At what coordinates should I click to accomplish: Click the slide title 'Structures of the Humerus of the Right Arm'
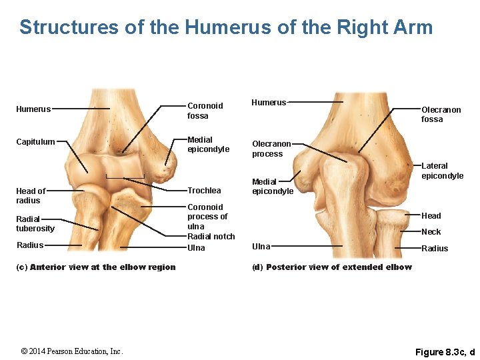click(226, 27)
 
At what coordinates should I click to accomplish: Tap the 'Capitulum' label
click(36, 142)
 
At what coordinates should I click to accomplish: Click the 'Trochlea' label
click(204, 191)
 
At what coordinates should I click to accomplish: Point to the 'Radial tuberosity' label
click(35, 223)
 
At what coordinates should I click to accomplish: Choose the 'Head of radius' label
click(31, 196)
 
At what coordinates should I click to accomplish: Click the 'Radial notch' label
click(211, 237)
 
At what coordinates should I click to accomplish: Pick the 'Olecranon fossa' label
click(441, 115)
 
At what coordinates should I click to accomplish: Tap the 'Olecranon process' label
click(271, 149)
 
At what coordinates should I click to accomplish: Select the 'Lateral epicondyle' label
click(442, 171)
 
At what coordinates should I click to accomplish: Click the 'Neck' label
click(431, 232)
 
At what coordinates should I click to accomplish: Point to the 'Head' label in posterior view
click(431, 216)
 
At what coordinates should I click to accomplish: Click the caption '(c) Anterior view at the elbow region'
click(95, 267)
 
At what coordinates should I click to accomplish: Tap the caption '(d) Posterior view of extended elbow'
click(331, 267)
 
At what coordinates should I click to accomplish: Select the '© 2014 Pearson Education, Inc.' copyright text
click(72, 351)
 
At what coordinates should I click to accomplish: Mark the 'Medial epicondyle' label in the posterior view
click(272, 187)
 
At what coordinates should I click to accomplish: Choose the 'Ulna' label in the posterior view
click(261, 247)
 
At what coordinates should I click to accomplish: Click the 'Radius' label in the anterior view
click(30, 245)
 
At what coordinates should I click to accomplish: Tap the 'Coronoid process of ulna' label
click(207, 217)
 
